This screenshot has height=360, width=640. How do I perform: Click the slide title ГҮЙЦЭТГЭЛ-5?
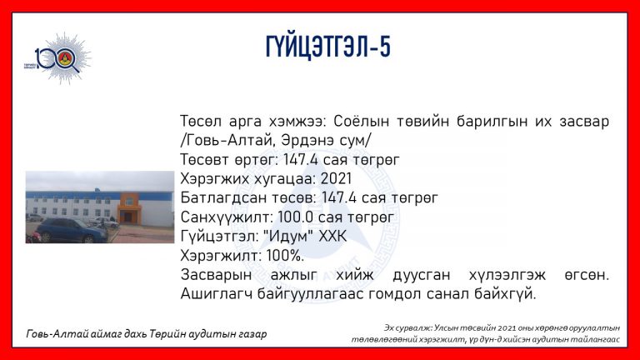click(328, 47)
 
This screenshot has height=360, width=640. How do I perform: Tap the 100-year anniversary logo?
click(58, 58)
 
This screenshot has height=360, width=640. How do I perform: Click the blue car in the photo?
click(72, 230)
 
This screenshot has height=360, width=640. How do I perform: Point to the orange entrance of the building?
click(130, 208)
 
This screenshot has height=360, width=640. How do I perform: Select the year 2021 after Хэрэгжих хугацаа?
click(336, 179)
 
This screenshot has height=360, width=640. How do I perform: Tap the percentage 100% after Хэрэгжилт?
click(285, 256)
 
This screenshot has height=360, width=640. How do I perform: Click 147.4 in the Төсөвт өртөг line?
click(300, 160)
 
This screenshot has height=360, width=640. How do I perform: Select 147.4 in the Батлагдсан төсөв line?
click(339, 198)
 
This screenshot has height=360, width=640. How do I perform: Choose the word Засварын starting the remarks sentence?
click(216, 275)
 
